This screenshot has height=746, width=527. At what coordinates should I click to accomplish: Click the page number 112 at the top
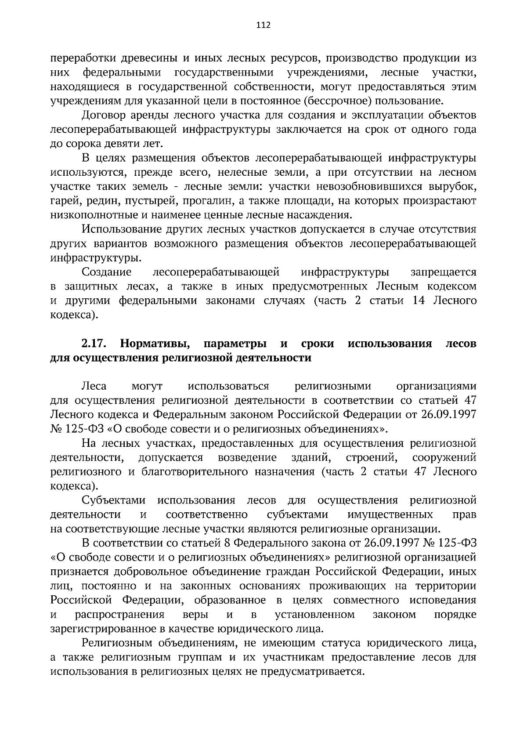263,25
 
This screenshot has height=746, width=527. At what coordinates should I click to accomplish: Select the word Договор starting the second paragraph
101,116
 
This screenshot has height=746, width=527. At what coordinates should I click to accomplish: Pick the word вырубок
456,187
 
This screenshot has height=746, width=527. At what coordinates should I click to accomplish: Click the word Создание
104,272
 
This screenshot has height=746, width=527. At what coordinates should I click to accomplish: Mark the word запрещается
444,272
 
